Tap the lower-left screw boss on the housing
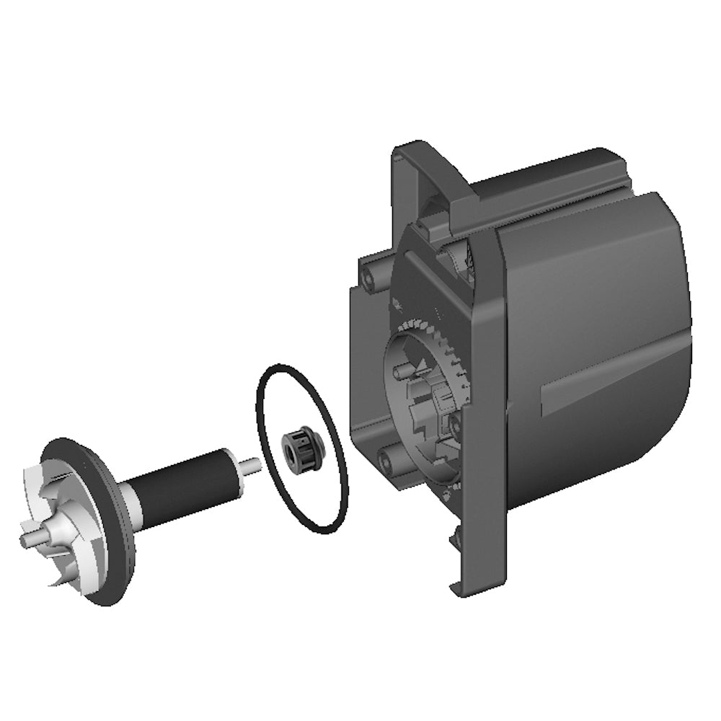pos(389,456)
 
